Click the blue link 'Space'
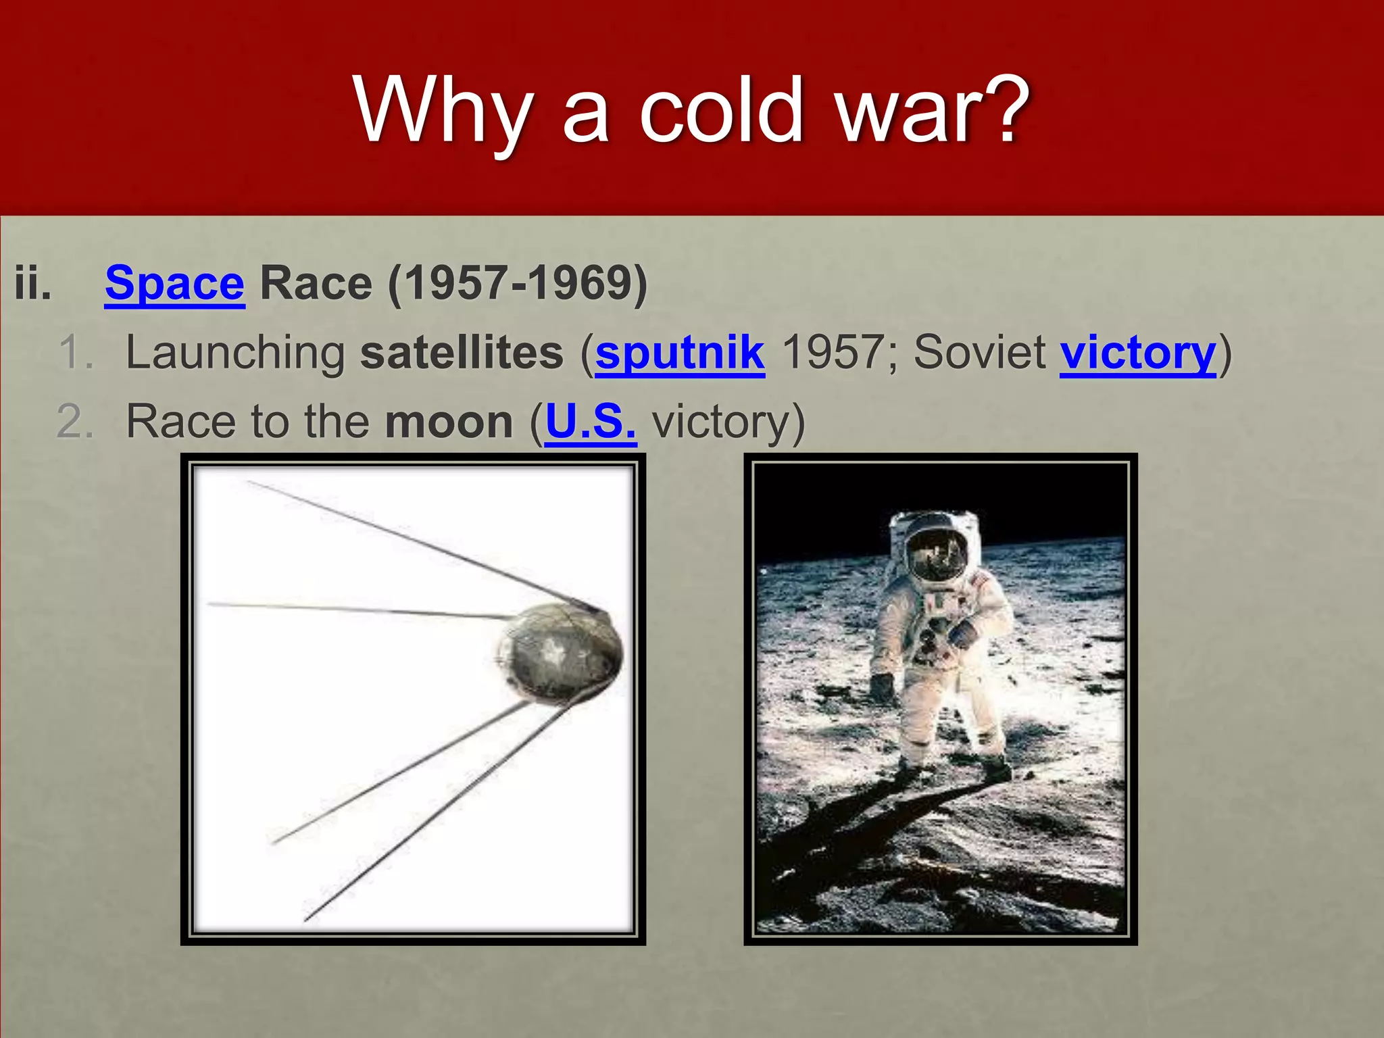[174, 284]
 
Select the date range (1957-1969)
[518, 284]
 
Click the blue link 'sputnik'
[680, 353]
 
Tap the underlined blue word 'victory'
[1137, 353]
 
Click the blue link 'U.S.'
[591, 422]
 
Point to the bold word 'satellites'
[462, 353]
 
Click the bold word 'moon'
[449, 422]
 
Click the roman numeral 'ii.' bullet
[32, 284]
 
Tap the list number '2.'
[74, 422]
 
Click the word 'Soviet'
[979, 353]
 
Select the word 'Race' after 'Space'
[316, 284]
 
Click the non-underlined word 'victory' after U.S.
[720, 422]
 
